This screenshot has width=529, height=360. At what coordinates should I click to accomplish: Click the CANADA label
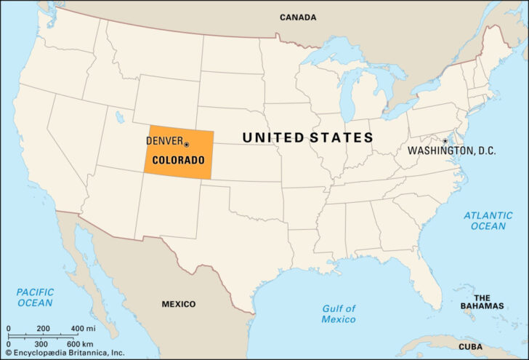(298, 17)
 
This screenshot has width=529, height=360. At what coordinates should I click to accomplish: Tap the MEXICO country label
(179, 303)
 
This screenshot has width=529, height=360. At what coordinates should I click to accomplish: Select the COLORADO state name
(179, 159)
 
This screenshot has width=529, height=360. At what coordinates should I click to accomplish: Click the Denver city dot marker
(187, 144)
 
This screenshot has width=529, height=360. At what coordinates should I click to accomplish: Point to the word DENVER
(164, 140)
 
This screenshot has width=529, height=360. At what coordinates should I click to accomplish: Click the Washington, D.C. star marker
(445, 141)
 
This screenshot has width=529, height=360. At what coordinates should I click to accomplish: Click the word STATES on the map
(342, 137)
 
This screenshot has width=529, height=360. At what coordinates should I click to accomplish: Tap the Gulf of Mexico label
(339, 313)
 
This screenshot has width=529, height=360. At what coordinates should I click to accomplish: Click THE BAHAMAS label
(482, 302)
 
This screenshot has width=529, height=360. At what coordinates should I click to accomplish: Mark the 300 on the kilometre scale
(41, 343)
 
